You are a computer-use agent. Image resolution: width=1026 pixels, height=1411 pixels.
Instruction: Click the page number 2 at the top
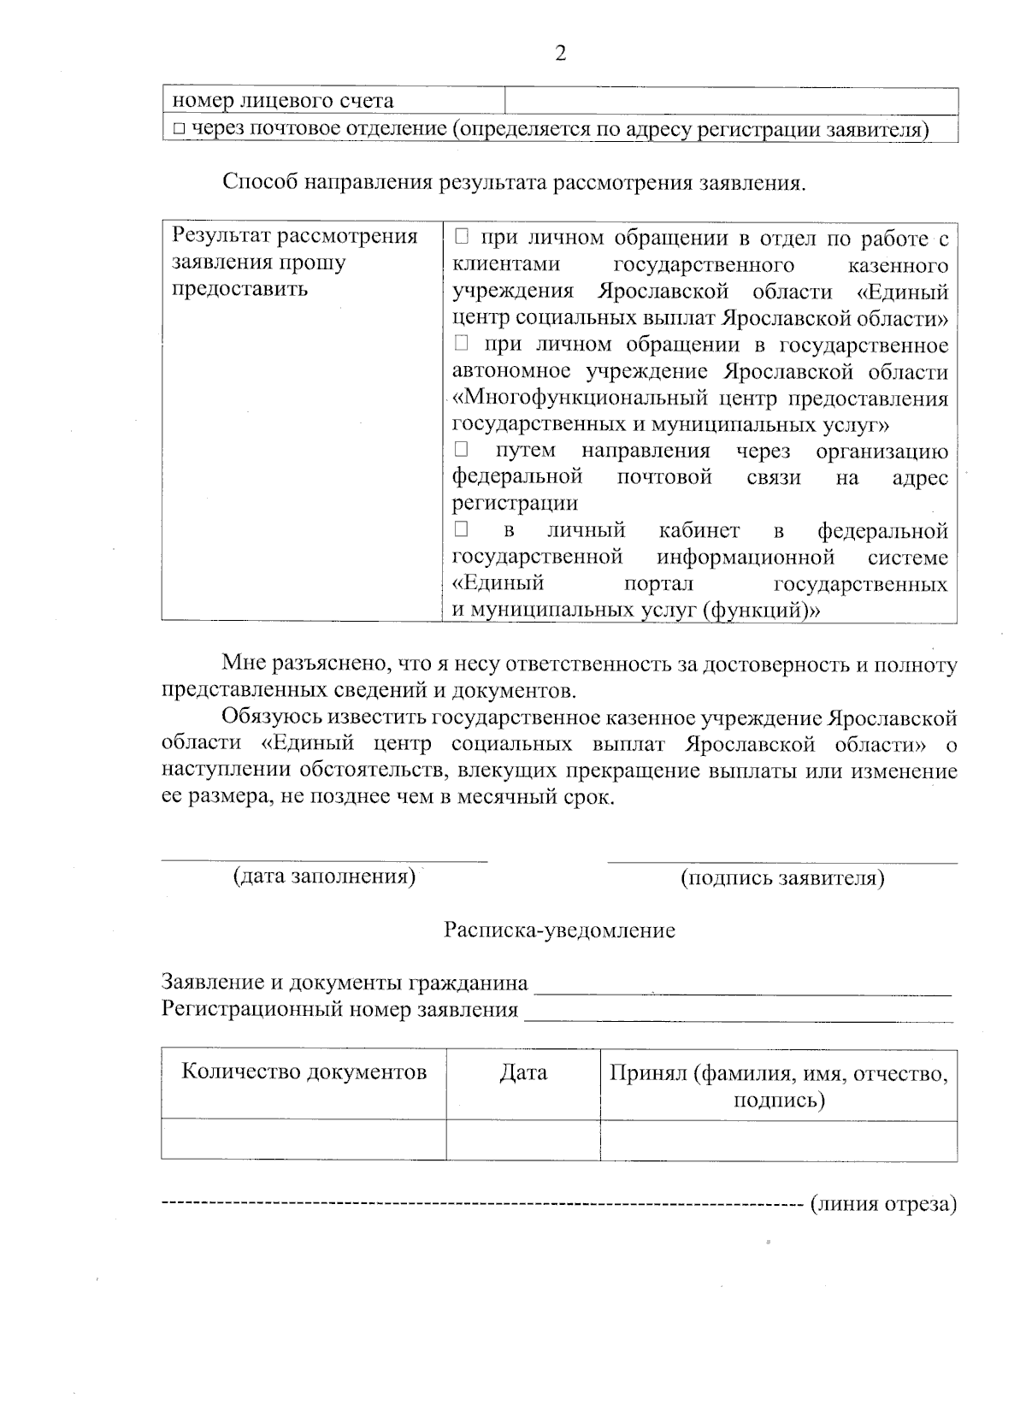pos(561,53)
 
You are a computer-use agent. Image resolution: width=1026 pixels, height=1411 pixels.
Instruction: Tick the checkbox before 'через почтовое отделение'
pos(178,130)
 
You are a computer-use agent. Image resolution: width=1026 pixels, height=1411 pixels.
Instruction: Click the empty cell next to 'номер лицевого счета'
pos(731,101)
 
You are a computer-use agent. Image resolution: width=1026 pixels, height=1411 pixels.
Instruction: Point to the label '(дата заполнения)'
pos(324,877)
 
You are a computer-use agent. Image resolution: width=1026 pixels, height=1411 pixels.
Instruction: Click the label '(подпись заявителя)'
pos(781,878)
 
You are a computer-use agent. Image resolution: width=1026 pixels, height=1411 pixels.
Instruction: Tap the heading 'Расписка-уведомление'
pos(559,930)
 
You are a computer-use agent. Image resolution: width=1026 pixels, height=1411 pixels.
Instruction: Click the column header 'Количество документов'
pos(304,1072)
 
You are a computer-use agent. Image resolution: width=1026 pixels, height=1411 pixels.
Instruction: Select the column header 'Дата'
pos(523,1072)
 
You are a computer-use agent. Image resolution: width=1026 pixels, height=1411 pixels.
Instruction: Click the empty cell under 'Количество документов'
pos(304,1140)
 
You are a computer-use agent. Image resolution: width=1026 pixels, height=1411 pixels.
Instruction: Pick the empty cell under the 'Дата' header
pos(523,1140)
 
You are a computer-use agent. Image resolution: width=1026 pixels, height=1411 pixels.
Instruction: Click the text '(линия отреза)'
pos(882,1204)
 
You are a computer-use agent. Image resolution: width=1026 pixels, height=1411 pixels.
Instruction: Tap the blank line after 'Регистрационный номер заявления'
pos(739,1011)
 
